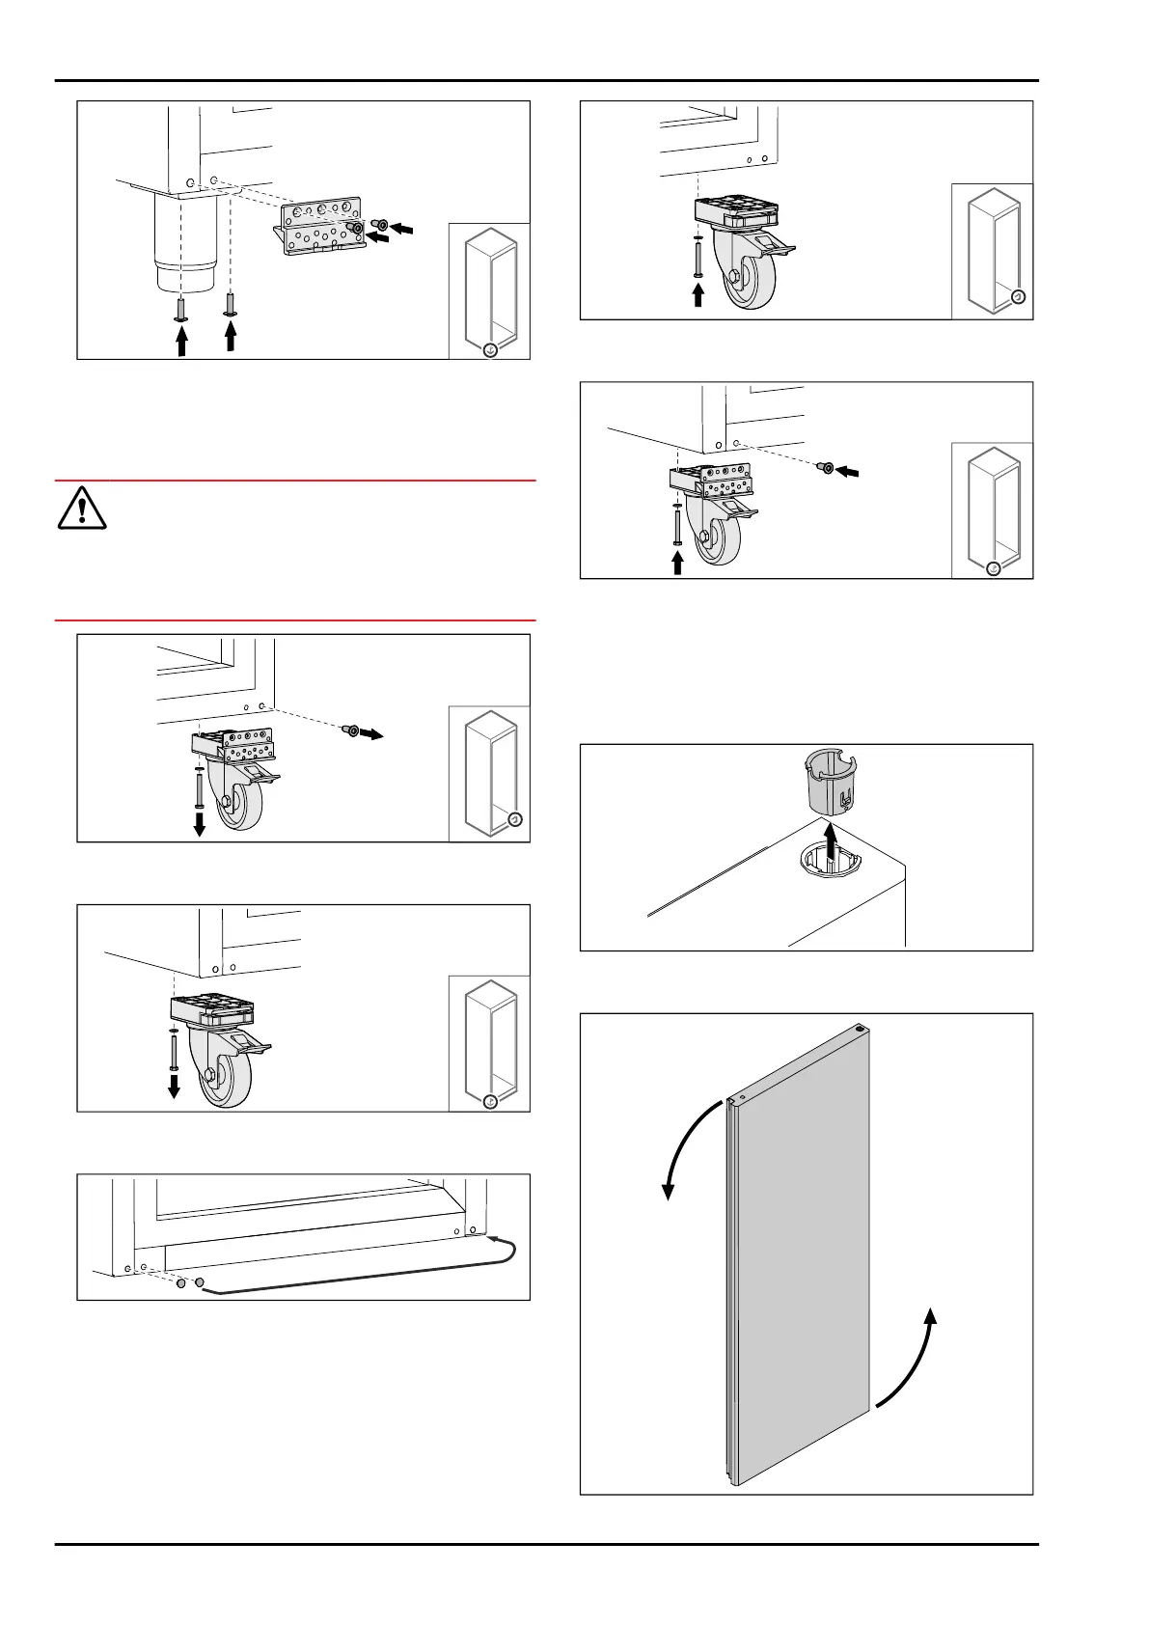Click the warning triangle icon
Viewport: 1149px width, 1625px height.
click(82, 508)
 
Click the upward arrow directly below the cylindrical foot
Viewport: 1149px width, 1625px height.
click(181, 342)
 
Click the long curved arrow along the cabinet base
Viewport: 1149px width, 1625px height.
click(367, 1272)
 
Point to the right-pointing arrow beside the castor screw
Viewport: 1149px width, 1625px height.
click(371, 734)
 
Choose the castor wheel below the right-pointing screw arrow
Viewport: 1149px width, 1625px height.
click(229, 801)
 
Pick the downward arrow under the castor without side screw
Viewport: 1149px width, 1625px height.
click(174, 1085)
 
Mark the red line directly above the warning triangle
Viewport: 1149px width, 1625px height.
click(295, 480)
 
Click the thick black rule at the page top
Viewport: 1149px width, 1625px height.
click(547, 81)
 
